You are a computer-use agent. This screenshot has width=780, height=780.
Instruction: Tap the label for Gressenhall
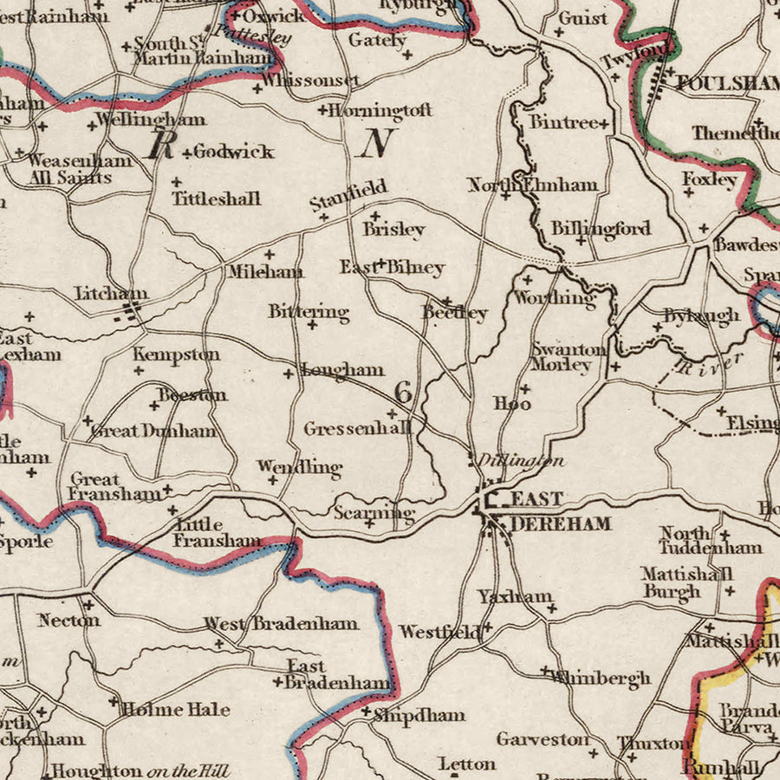[x=357, y=428]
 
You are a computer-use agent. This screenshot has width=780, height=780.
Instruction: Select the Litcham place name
[x=111, y=294]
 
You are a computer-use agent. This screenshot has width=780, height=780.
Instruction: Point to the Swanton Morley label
[x=569, y=356]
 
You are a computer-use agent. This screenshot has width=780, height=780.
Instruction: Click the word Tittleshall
[x=216, y=198]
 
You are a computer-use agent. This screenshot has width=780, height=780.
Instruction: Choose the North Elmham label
[x=532, y=185]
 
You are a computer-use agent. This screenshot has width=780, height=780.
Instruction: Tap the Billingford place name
[x=601, y=229]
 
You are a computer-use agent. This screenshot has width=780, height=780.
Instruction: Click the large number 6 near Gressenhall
[x=403, y=392]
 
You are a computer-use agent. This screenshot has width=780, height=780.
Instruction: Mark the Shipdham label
[x=419, y=716]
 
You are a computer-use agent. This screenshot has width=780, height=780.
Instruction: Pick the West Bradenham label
[x=281, y=623]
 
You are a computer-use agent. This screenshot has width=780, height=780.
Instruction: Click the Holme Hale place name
[x=175, y=709]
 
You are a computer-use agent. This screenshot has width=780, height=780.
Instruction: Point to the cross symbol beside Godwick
[x=186, y=153]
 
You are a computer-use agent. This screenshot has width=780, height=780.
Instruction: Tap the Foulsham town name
[x=726, y=83]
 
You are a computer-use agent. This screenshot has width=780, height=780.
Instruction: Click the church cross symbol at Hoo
[x=524, y=389]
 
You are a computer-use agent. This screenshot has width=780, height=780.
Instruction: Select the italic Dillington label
[x=520, y=461]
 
